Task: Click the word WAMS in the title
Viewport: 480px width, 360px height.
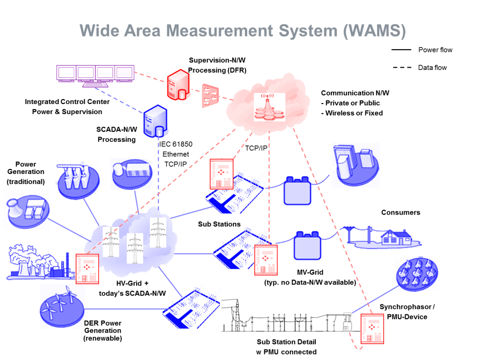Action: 374,31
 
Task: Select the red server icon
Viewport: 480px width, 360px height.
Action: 179,85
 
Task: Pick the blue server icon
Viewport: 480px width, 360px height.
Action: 156,121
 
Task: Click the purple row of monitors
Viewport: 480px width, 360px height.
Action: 95,75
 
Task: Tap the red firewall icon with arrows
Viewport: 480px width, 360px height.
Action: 210,96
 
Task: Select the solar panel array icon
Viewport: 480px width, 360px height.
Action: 417,274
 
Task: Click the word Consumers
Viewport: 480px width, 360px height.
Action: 400,213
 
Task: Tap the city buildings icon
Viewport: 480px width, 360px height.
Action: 355,164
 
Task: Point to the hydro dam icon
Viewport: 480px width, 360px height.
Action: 78,181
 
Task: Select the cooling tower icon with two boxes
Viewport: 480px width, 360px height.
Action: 27,209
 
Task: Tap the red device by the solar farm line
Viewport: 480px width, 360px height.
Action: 372,328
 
